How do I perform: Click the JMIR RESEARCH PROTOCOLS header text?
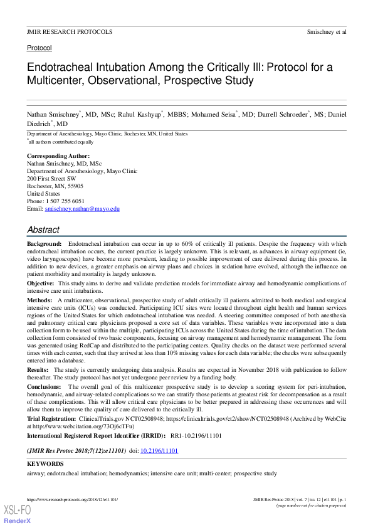coord(70,31)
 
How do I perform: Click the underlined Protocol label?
coord(39,48)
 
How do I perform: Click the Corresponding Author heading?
coord(58,156)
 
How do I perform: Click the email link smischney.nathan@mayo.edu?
coord(82,208)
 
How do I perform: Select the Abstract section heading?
coord(43,230)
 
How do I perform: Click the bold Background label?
coord(44,243)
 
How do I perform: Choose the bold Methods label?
coord(39,301)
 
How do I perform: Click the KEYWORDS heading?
coord(45,463)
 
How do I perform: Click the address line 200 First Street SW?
coord(51,178)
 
